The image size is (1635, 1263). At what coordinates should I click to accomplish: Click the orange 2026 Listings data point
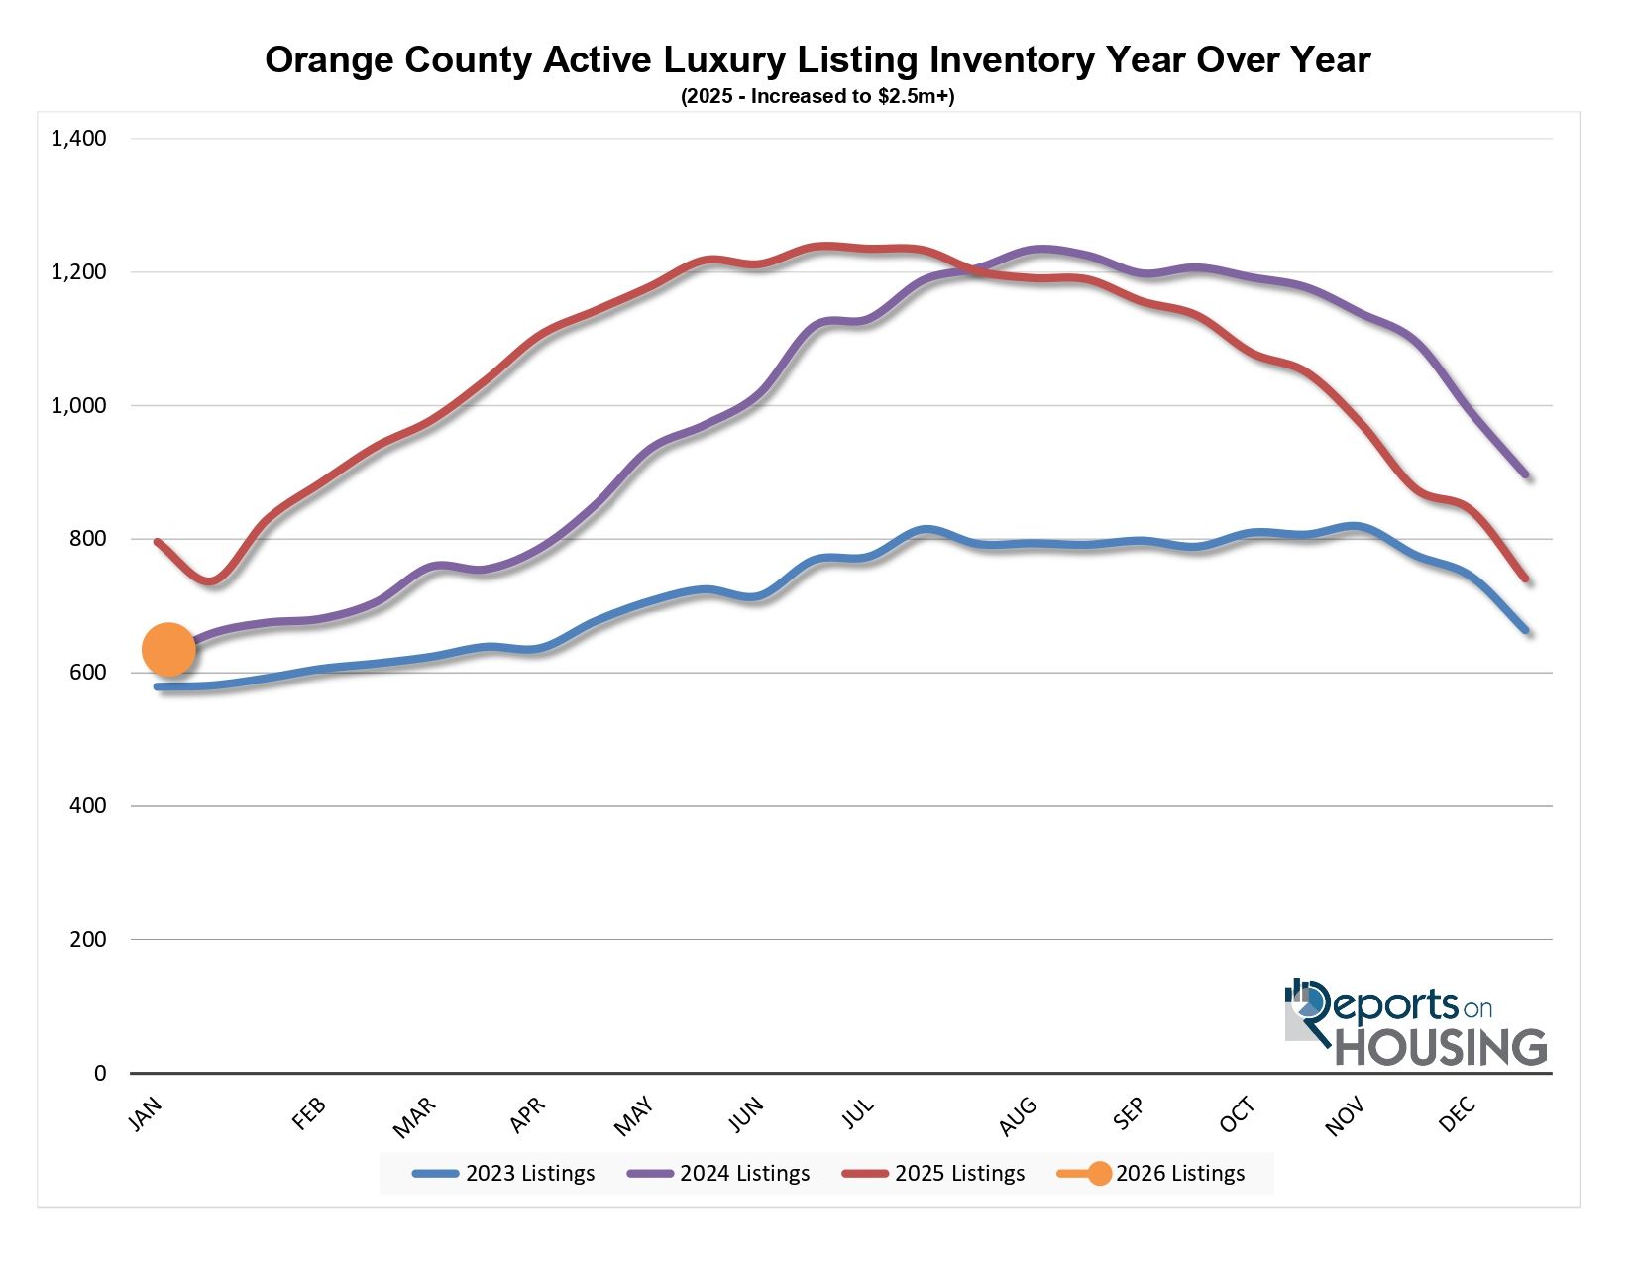point(168,650)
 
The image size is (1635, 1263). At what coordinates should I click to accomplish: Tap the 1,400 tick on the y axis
point(78,139)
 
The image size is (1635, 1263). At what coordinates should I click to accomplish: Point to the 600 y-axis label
point(87,673)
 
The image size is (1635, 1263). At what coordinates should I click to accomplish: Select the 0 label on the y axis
point(99,1073)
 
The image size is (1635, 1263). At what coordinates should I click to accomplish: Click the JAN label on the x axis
point(145,1114)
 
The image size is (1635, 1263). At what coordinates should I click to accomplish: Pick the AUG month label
point(1018,1116)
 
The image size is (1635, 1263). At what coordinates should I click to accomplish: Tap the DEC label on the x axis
point(1458,1115)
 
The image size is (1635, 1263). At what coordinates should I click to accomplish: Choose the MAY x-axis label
point(634,1116)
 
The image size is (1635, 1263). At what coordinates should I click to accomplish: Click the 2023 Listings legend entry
point(504,1174)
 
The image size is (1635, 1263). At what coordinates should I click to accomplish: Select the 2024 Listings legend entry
point(719,1174)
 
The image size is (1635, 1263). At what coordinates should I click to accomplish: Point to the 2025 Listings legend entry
point(934,1174)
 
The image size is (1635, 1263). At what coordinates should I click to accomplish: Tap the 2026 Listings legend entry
point(1151,1174)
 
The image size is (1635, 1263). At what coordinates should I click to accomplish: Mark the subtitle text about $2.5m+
point(817,97)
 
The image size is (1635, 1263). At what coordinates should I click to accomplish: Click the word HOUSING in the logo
point(1441,1048)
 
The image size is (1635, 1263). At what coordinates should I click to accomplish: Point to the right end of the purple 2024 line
point(1525,475)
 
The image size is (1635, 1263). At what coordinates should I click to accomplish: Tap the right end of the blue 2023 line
point(1525,630)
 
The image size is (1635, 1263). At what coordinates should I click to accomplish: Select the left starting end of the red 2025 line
point(158,542)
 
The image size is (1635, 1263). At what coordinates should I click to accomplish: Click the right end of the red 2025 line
point(1525,579)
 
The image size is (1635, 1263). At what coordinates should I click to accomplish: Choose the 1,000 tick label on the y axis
point(78,406)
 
